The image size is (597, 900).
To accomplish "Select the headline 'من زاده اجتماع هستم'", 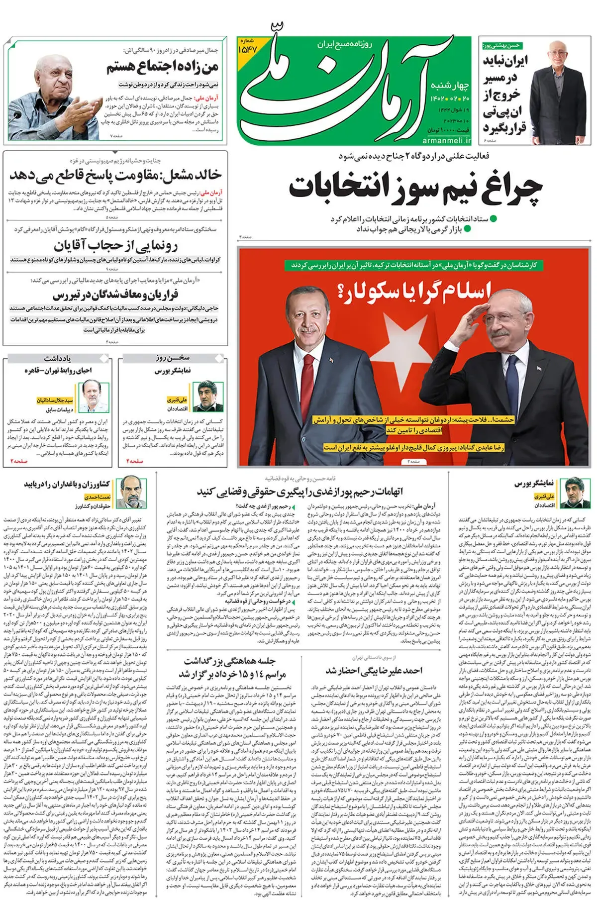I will tap(163, 67).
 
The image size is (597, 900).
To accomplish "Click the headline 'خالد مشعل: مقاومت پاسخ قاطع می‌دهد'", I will tap(115, 175).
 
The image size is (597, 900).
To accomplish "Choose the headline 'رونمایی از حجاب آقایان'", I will tap(115, 245).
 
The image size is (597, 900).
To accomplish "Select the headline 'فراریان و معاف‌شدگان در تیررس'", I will tap(115, 295).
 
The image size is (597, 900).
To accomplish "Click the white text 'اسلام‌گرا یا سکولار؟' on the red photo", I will tap(414, 290).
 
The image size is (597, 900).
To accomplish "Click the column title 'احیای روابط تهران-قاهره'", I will tap(58, 371).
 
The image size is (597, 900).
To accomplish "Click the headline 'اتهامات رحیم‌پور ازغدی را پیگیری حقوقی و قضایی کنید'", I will tap(300, 492).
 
